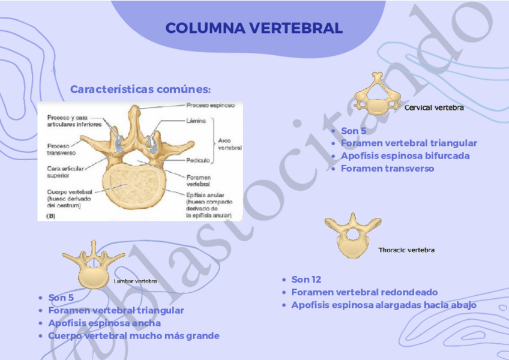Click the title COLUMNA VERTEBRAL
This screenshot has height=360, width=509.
[x=254, y=28]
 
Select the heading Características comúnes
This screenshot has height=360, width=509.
[x=140, y=89]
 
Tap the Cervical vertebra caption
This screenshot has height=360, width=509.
[x=434, y=108]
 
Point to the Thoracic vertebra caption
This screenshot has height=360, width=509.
[x=406, y=250]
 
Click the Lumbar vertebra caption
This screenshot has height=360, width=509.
[x=135, y=281]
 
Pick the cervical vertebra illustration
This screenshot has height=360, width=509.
[x=377, y=95]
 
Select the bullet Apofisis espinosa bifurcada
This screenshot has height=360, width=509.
[x=405, y=155]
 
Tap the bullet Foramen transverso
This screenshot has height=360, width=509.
[x=387, y=168]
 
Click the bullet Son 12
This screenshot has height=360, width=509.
[x=306, y=280]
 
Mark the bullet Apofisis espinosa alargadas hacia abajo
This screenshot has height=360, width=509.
[x=384, y=305]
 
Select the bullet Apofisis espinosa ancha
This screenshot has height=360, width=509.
[x=104, y=323]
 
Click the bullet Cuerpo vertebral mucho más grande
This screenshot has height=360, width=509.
[x=133, y=335]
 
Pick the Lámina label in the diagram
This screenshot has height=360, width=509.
[x=196, y=121]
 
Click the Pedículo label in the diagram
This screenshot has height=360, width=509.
[x=197, y=160]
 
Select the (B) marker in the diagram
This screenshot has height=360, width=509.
[x=50, y=216]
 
